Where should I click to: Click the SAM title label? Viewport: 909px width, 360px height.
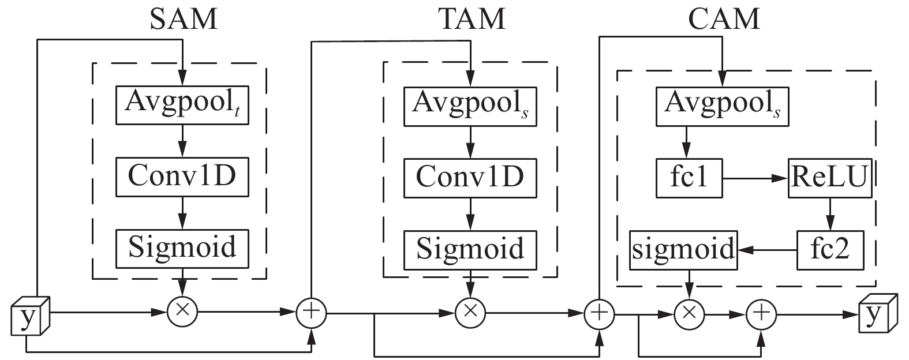click(x=184, y=18)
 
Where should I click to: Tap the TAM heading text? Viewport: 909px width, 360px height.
click(x=472, y=18)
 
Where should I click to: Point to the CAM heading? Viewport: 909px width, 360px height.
click(x=724, y=18)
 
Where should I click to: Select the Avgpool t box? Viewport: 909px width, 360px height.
click(x=182, y=105)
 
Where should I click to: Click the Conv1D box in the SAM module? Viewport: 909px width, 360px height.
click(x=182, y=176)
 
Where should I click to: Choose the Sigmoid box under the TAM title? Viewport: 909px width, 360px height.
click(x=470, y=249)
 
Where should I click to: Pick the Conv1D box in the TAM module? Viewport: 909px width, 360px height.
click(x=470, y=176)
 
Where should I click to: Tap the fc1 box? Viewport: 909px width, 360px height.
click(x=689, y=179)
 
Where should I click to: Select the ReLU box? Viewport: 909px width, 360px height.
click(x=830, y=179)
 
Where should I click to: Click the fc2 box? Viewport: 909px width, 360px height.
click(x=830, y=250)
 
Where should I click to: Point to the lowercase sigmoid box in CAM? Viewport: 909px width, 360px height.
click(x=683, y=250)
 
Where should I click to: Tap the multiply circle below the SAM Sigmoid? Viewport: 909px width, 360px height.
click(x=182, y=313)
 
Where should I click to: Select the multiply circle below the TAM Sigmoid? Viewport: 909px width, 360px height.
click(x=470, y=313)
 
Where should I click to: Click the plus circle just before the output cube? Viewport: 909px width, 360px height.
click(x=762, y=314)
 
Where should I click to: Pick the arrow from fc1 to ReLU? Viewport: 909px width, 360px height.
click(x=756, y=179)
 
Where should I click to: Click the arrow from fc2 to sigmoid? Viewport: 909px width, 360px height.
click(x=768, y=250)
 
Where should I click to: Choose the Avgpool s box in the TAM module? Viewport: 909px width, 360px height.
click(x=470, y=105)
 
